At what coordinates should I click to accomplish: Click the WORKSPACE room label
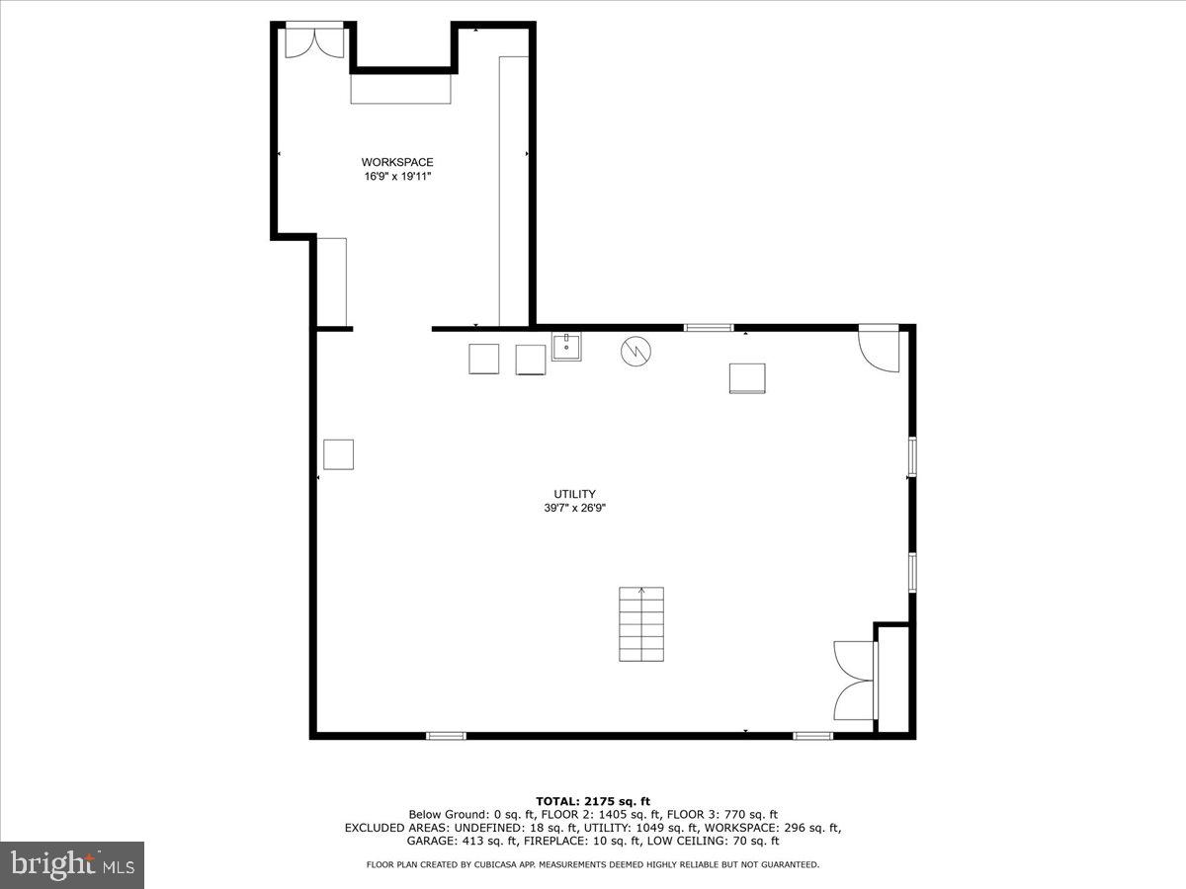click(396, 162)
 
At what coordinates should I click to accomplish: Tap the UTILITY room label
click(574, 494)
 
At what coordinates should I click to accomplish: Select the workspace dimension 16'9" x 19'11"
click(396, 177)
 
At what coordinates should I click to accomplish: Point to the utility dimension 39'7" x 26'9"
click(574, 509)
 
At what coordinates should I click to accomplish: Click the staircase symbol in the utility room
click(641, 624)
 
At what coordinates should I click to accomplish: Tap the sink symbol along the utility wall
click(566, 347)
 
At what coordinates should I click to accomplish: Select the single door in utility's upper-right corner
click(879, 349)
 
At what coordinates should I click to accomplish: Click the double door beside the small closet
click(855, 681)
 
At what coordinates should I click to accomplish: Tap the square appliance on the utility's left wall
click(339, 453)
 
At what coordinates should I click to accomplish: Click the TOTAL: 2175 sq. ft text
click(592, 801)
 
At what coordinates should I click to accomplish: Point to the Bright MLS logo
click(72, 864)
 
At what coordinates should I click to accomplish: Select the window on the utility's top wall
click(709, 327)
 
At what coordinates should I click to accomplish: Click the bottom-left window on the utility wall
click(446, 735)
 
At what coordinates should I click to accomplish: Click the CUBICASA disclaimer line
click(592, 864)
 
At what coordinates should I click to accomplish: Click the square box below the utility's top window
click(747, 378)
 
